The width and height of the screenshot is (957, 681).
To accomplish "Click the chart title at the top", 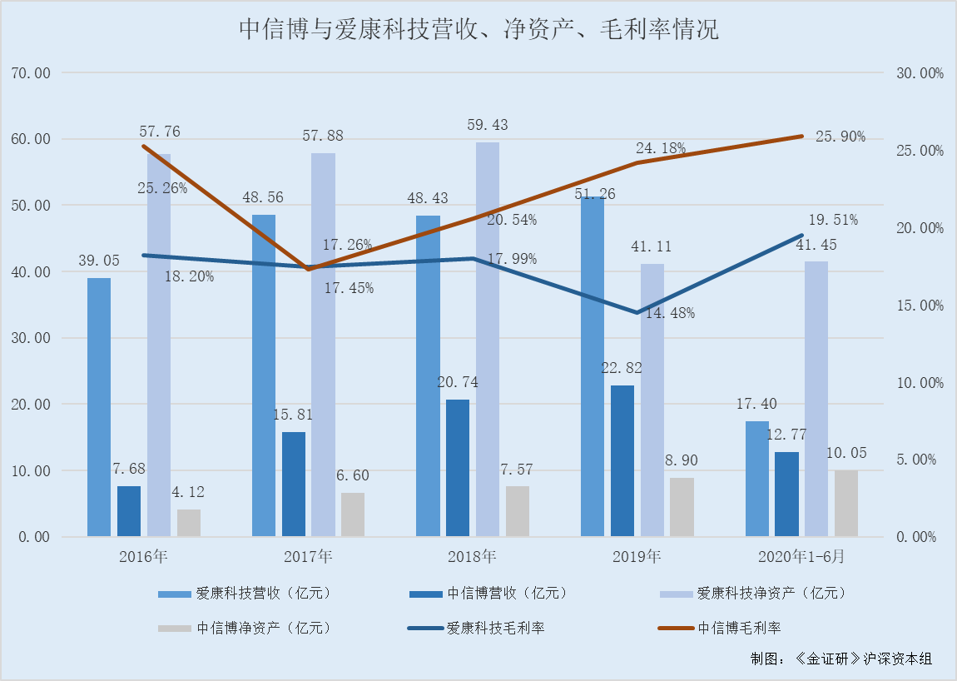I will point(478,30).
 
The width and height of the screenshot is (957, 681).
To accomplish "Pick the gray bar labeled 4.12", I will point(189,522).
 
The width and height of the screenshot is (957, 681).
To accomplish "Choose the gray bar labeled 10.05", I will point(846,503).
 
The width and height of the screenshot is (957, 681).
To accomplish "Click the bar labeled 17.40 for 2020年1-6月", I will point(756,478).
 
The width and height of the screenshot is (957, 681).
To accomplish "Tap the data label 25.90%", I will point(840,137).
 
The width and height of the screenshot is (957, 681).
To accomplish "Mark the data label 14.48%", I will point(669,314).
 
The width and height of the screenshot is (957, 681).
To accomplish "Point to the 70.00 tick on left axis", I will point(31,73).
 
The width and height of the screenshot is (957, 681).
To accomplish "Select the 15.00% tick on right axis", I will point(919,306).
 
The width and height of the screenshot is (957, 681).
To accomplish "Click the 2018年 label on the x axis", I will point(472,556).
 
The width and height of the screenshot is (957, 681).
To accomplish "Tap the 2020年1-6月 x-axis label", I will point(801,556).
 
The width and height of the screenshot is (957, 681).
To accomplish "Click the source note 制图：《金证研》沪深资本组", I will point(840,658).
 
